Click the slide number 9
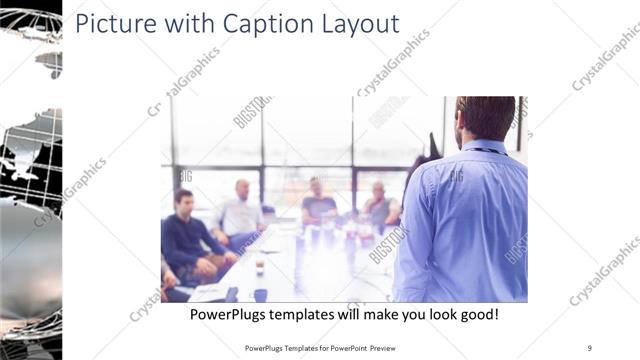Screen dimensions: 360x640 click(590, 347)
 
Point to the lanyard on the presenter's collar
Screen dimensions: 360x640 click(488, 150)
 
